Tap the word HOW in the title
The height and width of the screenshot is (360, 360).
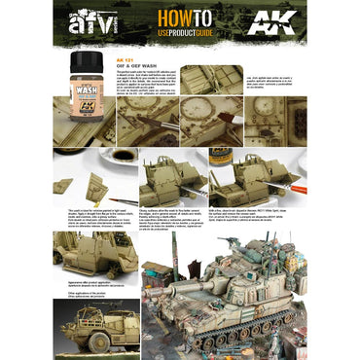[161, 22]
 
